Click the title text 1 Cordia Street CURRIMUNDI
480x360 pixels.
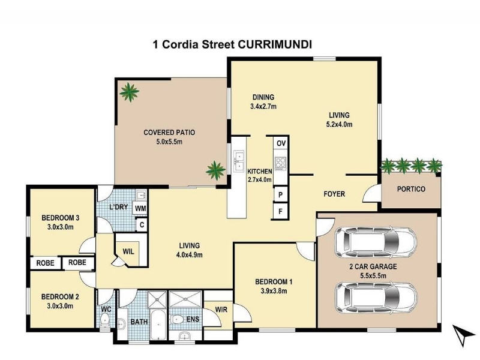coord(232,44)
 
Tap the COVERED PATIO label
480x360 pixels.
coord(169,133)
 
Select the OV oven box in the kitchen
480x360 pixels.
coord(281,143)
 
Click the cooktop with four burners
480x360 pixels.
coord(281,163)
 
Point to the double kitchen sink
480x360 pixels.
coord(238,160)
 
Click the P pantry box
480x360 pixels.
coord(280,194)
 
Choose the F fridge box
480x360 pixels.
coord(280,211)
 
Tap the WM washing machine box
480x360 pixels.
coord(140,208)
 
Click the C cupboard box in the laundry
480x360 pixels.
coord(142,225)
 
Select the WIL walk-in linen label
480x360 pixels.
coord(128,252)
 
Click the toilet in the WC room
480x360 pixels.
coord(105,320)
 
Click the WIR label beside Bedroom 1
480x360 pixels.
coord(221,310)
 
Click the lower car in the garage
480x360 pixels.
coord(376,297)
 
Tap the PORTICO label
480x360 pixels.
coord(411,189)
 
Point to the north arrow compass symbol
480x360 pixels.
coord(463,335)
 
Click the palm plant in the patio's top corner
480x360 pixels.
coord(130,92)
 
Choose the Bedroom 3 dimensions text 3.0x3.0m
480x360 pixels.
coord(61,227)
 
